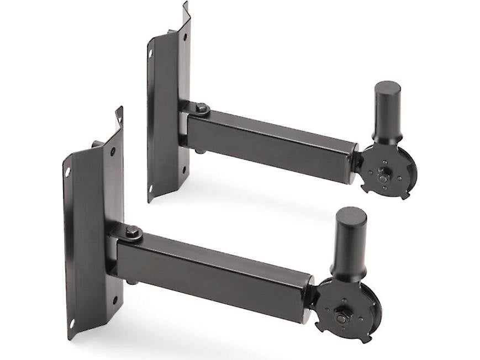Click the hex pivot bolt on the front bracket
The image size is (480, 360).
(132, 232)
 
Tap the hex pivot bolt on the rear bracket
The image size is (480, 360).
(202, 108)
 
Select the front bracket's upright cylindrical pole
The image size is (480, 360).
(349, 243)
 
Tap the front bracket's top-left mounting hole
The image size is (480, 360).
(68, 172)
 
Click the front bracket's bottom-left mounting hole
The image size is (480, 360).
(71, 324)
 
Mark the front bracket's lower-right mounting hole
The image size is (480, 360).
(115, 300)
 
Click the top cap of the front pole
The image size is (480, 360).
(350, 214)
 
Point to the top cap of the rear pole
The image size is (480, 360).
(387, 87)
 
